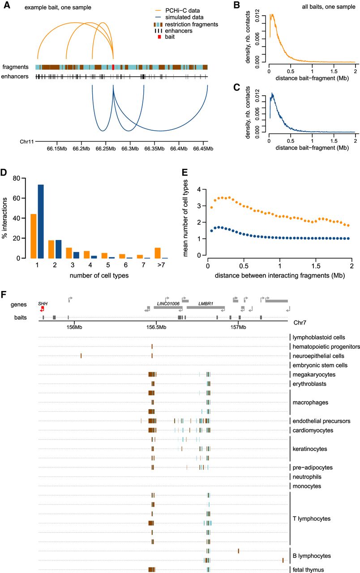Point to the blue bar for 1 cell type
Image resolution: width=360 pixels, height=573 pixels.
pyautogui.click(x=41, y=215)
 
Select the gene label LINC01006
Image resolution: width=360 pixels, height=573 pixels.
pyautogui.click(x=168, y=303)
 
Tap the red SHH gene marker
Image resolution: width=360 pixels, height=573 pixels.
pyautogui.click(x=42, y=308)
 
